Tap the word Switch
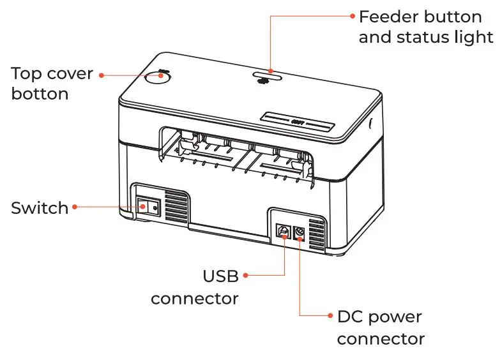tap(39, 208)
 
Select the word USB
tap(220, 276)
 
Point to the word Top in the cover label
tap(27, 73)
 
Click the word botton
tap(40, 94)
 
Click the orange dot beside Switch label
tap(75, 207)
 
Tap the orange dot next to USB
tap(247, 276)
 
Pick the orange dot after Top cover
tap(100, 75)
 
